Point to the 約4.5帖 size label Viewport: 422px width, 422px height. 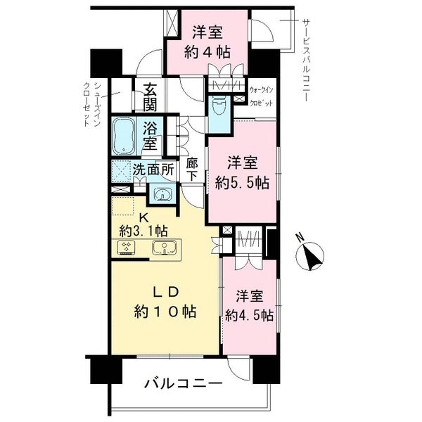click(x=249, y=315)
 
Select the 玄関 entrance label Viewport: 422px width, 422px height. click(x=150, y=97)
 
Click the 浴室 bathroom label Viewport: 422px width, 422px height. click(x=150, y=136)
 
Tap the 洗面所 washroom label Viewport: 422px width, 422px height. click(x=153, y=170)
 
